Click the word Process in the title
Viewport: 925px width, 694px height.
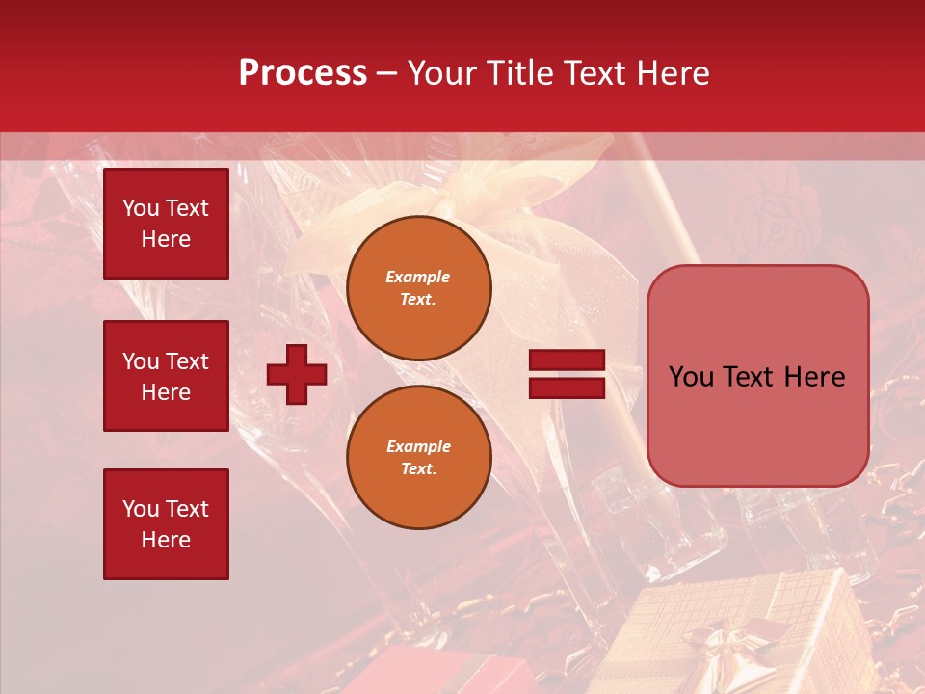click(303, 73)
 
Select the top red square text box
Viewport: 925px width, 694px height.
click(166, 224)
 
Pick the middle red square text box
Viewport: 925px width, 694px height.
click(166, 376)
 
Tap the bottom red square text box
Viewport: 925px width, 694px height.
click(166, 523)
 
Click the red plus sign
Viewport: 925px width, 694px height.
click(297, 375)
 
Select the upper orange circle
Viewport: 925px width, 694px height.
click(419, 287)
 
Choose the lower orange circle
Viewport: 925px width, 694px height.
click(419, 457)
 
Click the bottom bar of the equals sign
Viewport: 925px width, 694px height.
click(567, 387)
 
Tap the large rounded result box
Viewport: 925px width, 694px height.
click(757, 376)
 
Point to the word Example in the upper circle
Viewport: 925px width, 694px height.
click(417, 277)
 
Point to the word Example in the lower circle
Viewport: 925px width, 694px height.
click(418, 446)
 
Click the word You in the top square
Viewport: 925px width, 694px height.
click(140, 208)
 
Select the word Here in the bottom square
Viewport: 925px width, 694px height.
click(166, 540)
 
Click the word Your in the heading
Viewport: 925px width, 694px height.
click(442, 73)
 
